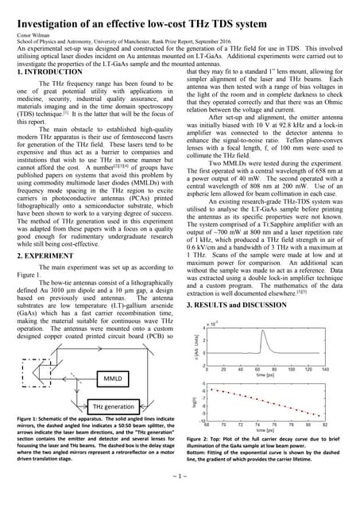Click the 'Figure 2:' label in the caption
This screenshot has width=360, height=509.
click(200, 438)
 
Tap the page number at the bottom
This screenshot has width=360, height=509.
click(180, 499)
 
